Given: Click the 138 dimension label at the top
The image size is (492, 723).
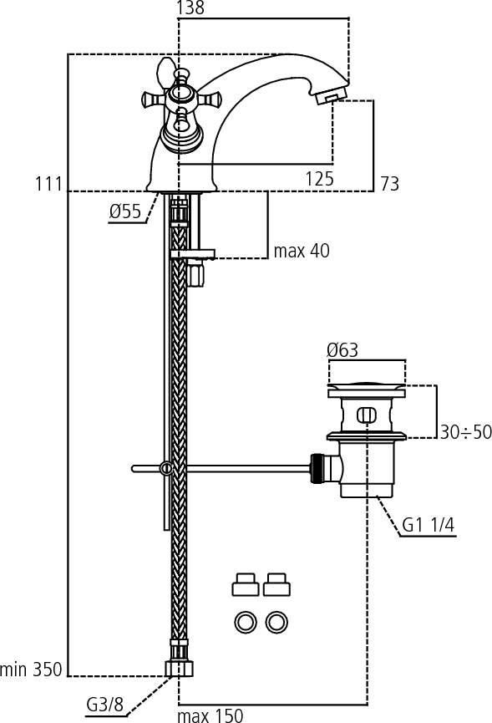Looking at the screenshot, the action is [x=190, y=8].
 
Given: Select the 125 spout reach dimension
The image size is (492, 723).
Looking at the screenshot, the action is [x=319, y=178].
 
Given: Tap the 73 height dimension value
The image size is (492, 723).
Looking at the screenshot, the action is [x=390, y=184].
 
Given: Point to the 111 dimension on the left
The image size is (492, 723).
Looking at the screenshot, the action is [x=48, y=184].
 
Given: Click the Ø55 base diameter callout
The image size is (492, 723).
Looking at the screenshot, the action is [x=125, y=211].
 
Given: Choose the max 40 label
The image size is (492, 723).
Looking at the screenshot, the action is [x=302, y=251].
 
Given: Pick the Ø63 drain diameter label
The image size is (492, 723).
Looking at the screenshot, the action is [x=342, y=350].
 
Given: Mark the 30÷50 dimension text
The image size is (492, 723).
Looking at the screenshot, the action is [x=466, y=432].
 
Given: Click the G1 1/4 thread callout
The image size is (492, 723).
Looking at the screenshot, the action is [x=428, y=525].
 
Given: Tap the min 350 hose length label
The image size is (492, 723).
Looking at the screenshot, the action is [x=31, y=669].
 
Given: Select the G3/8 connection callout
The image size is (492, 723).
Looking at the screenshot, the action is [x=105, y=704].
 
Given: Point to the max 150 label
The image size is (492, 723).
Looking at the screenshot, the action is [x=210, y=715].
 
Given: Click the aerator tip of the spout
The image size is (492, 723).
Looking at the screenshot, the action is [x=331, y=96].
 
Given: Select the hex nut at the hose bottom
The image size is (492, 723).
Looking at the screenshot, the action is [x=180, y=668].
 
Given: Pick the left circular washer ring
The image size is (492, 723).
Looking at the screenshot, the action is [x=245, y=623].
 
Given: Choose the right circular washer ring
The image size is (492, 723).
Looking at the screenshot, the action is [x=276, y=623].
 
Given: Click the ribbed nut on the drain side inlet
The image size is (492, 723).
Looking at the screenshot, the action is [x=316, y=469].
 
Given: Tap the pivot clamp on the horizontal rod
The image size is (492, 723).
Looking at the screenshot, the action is [x=165, y=468].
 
